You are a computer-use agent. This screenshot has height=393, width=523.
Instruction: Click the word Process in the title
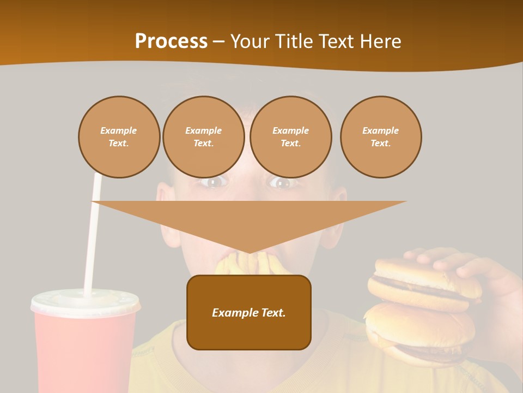coord(171,41)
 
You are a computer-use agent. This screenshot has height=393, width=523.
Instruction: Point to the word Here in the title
coord(380,41)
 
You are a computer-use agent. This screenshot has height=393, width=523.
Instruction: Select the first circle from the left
coord(119,137)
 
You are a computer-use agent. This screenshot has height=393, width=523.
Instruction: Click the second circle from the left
coord(203,137)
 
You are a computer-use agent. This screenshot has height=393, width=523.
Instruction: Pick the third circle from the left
coord(290,137)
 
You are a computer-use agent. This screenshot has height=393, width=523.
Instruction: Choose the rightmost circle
coord(380,137)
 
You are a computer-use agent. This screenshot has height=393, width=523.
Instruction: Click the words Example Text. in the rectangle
coord(248,313)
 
